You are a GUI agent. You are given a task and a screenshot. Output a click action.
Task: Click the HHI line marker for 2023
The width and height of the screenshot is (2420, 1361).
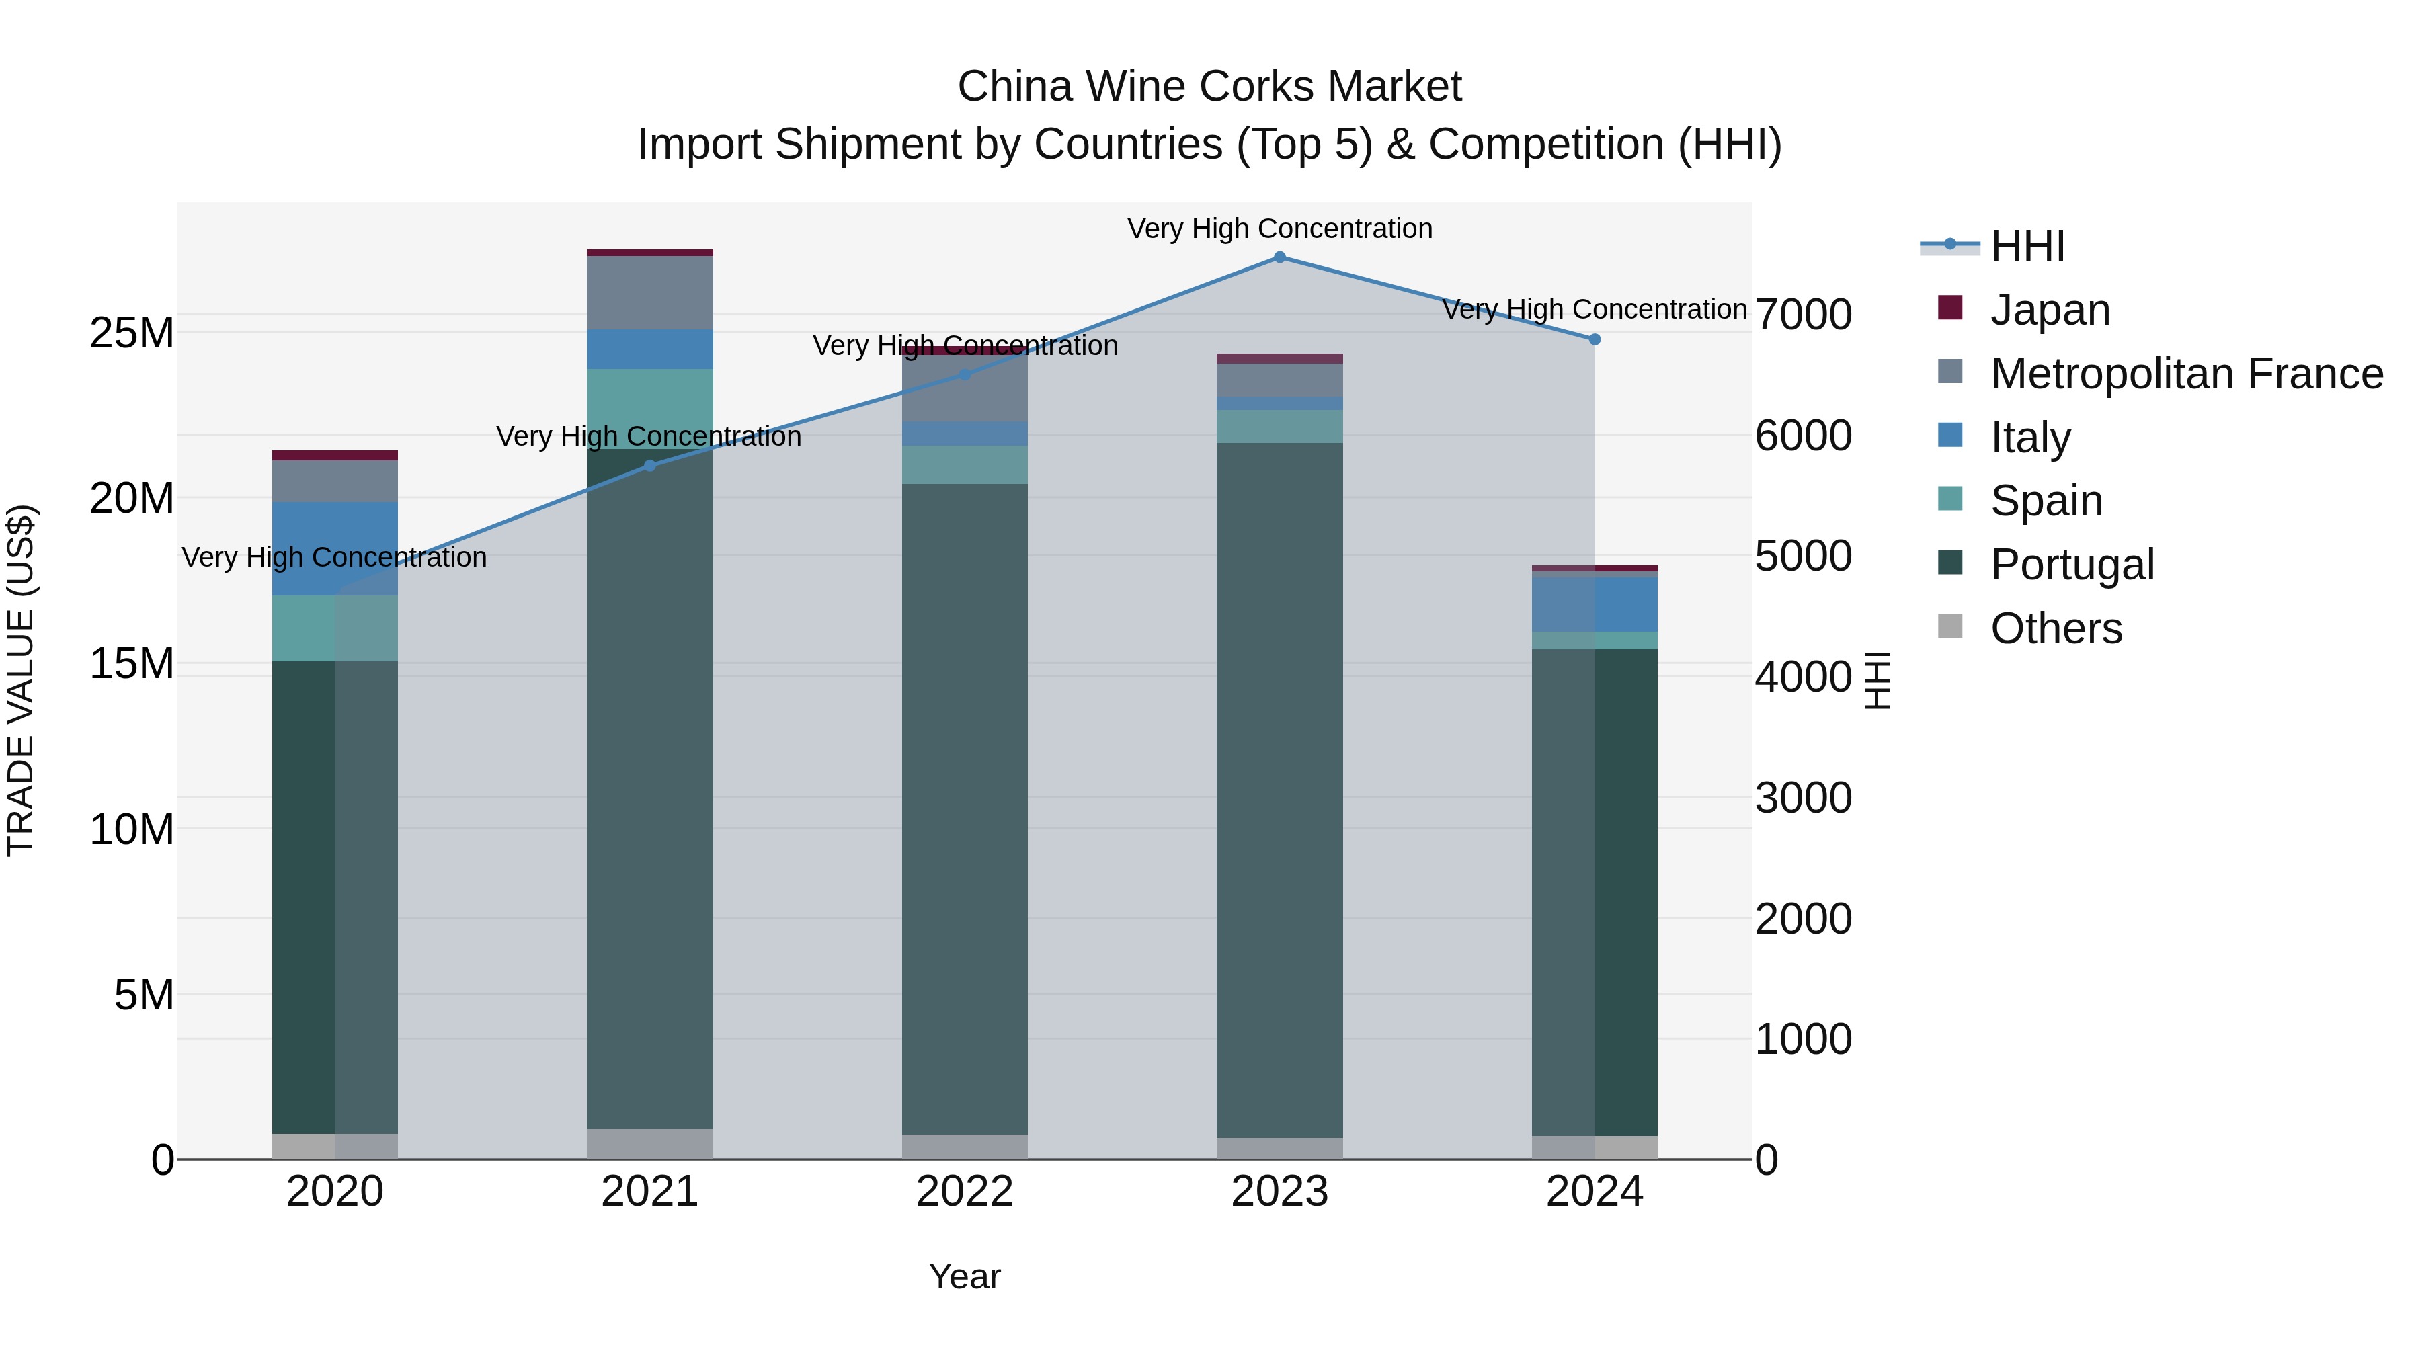[1279, 257]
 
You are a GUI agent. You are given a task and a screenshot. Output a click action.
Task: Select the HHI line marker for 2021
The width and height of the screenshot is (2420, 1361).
[649, 466]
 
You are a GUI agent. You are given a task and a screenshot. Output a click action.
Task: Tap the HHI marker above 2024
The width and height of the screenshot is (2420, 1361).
[1595, 340]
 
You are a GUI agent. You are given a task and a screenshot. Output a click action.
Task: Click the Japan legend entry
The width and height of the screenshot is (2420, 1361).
[2049, 310]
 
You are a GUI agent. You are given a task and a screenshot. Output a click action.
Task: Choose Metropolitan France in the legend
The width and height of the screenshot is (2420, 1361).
[2185, 374]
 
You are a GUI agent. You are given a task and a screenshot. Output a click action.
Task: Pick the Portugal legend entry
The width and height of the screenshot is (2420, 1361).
[2072, 565]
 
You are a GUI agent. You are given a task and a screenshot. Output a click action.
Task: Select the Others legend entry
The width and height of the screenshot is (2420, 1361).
[2056, 628]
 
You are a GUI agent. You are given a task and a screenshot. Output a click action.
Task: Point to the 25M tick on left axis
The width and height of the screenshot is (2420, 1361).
[132, 333]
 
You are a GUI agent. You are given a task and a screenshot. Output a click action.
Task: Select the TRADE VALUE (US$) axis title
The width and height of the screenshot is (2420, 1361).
[21, 680]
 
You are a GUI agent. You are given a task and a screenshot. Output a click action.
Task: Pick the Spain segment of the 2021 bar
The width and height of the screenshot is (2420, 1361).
[649, 409]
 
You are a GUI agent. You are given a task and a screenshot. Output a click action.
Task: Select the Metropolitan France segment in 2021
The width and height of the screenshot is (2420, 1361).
[649, 293]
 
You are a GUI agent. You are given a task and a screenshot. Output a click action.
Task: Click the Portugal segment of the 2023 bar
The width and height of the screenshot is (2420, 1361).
[1279, 789]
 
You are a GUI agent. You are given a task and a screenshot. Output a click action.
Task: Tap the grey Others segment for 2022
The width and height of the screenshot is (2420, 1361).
[965, 1147]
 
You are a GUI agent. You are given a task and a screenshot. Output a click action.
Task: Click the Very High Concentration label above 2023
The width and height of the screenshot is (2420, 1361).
[1279, 229]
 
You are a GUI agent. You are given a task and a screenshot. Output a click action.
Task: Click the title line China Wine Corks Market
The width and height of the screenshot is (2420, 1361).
[1209, 87]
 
